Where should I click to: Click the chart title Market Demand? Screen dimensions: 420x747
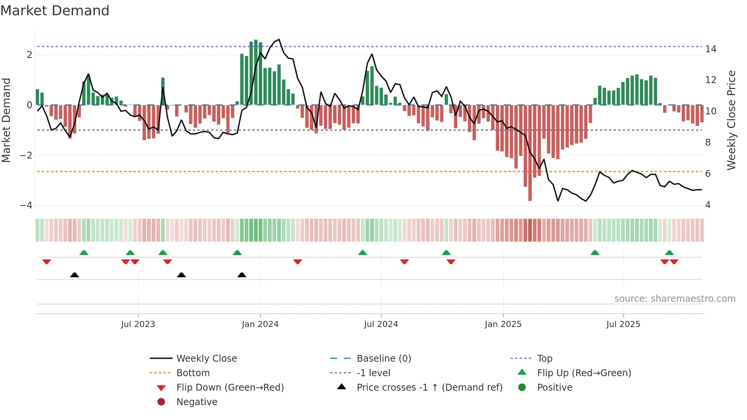(55, 11)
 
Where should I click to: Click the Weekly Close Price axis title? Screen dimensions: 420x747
(731, 120)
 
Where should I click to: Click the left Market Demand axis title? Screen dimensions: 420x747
(6, 120)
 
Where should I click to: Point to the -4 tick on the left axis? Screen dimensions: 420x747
(26, 205)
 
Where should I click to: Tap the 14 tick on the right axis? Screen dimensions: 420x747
(710, 49)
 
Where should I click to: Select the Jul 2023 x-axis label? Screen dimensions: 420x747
(138, 324)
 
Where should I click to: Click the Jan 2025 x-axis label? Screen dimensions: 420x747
(503, 324)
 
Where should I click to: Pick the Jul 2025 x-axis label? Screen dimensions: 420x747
(623, 324)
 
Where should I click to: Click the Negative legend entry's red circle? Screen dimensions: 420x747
(161, 402)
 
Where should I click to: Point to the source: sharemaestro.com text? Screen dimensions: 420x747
(675, 299)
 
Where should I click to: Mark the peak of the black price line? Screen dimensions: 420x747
(279, 40)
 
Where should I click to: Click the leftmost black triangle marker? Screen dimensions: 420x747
(75, 275)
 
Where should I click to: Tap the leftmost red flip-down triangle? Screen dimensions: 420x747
(46, 262)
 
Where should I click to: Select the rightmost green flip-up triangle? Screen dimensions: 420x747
(669, 253)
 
